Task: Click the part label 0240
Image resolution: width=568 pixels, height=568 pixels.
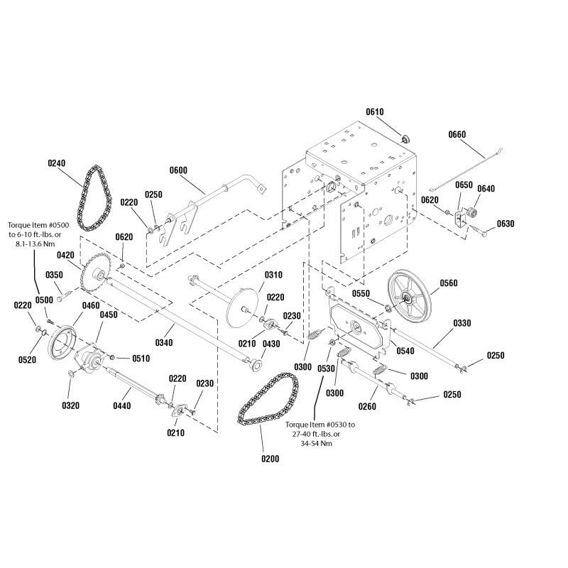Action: tap(57, 163)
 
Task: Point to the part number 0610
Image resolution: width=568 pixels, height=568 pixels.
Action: tap(375, 111)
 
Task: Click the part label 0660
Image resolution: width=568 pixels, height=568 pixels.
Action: tap(457, 134)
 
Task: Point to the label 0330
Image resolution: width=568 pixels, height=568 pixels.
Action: tap(461, 323)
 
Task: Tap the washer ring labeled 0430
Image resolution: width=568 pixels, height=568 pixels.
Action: tap(253, 365)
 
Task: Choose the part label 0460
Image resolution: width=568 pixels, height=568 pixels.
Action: tap(91, 305)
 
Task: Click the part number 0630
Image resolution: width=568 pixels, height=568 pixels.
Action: tap(505, 224)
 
